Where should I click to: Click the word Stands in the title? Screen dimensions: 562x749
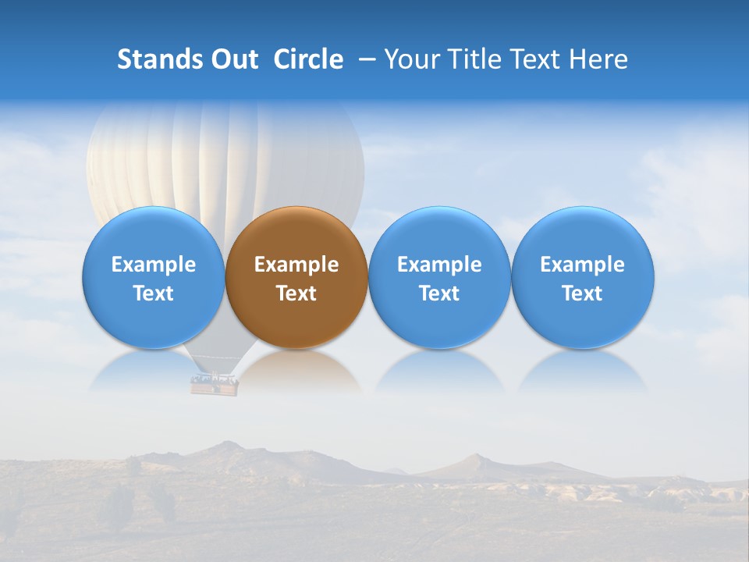[154, 59]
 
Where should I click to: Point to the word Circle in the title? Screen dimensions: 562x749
[308, 59]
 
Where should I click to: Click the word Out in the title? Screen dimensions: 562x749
[233, 59]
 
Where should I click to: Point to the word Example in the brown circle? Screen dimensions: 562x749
[296, 265]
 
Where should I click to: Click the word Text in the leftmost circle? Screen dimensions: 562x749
[154, 293]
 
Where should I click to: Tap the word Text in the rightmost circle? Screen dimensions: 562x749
[583, 293]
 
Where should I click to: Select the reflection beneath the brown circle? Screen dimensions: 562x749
[296, 371]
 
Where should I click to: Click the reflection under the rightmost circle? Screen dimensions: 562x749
[583, 371]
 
